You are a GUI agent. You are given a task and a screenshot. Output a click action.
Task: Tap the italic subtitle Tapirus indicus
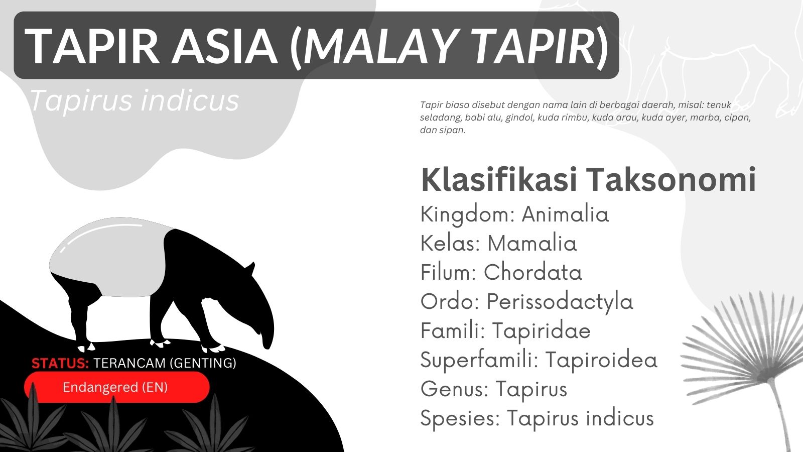[134, 100]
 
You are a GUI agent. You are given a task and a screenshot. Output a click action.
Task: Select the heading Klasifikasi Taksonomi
[588, 180]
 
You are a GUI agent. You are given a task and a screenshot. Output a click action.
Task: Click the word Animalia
[565, 214]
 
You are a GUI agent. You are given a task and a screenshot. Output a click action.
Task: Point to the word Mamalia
[532, 244]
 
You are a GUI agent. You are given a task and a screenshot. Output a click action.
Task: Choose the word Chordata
[532, 273]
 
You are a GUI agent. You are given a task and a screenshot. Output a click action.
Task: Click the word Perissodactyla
[560, 302]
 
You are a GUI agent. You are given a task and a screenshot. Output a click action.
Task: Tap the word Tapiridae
[541, 331]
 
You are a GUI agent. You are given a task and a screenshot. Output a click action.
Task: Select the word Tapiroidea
[601, 360]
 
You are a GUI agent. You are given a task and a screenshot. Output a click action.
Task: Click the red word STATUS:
[60, 363]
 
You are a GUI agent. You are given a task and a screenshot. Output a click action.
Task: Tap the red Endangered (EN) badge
[116, 387]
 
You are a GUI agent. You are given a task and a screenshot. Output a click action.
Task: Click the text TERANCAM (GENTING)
[165, 363]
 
